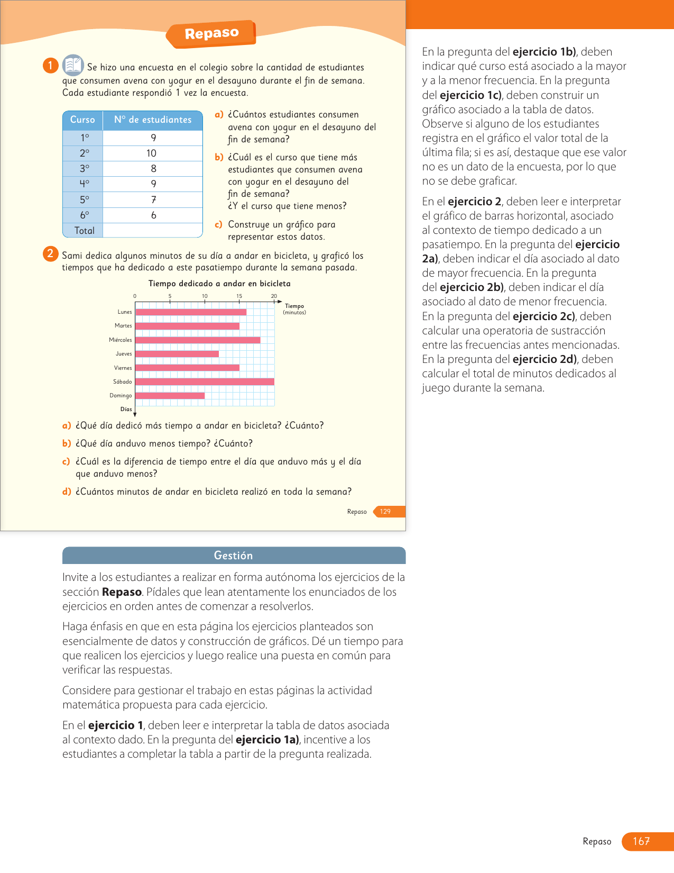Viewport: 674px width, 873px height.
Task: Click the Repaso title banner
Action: (211, 33)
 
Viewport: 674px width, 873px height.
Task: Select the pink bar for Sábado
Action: (205, 381)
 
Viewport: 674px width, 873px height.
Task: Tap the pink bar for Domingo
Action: (170, 395)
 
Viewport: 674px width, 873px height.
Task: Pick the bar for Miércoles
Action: (198, 340)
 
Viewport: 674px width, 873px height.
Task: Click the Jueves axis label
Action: (124, 354)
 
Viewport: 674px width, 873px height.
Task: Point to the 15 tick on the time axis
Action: (239, 296)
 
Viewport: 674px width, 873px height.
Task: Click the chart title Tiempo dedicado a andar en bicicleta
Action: (219, 284)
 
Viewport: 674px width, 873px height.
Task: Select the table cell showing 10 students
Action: (152, 153)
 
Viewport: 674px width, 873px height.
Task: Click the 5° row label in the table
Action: (84, 200)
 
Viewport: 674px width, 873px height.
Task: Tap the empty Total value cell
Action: (153, 231)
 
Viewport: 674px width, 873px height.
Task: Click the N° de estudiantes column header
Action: (153, 120)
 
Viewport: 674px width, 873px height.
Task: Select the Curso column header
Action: (82, 120)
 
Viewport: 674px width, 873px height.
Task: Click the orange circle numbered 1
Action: (50, 66)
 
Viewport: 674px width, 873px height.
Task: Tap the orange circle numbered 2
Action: (50, 253)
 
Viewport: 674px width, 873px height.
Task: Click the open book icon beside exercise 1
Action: (73, 66)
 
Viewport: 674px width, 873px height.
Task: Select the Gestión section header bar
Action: (234, 556)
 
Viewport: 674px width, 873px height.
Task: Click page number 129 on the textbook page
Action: (385, 512)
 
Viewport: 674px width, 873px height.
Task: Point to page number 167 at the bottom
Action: (641, 841)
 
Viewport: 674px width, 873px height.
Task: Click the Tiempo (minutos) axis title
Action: (294, 309)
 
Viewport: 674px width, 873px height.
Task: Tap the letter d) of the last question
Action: (67, 492)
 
